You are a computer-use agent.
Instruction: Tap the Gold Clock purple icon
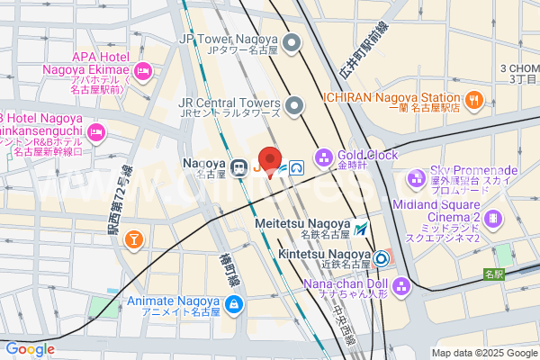coord(323,156)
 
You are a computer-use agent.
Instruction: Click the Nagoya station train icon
coord(240,166)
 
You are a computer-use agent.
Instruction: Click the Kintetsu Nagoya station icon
coord(382,259)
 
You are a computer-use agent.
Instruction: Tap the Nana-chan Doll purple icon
coord(402,287)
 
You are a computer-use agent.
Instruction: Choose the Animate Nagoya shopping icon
coord(234,306)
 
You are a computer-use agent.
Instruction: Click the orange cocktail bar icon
coord(134,238)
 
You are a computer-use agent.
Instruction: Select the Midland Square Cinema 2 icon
coord(493,218)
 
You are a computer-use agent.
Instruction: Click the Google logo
coord(30,349)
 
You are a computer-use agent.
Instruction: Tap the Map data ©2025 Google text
coord(482,353)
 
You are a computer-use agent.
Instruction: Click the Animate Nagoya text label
coord(174,306)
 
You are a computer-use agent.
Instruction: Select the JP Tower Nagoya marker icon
coord(291,42)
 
